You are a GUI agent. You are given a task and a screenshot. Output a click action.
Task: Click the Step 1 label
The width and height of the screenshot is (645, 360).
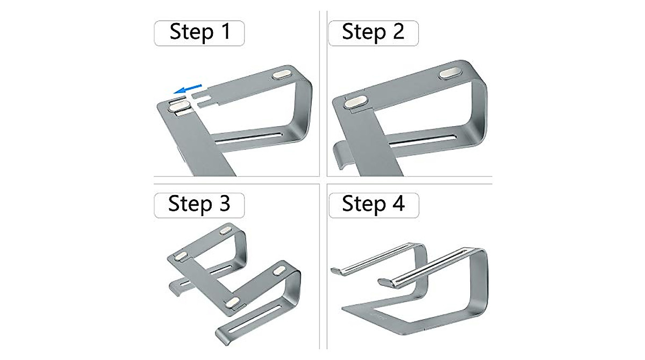click(199, 33)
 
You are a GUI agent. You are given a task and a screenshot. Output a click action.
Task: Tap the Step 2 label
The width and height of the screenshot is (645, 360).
click(373, 33)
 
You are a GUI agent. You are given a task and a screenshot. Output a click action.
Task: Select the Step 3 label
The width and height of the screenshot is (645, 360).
click(199, 205)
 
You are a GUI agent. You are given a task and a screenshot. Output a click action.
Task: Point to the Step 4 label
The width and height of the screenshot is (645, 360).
click(374, 205)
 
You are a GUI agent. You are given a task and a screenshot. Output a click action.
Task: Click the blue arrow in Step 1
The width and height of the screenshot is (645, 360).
click(188, 89)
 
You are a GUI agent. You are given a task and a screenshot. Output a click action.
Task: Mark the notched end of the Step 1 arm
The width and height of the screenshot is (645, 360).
click(202, 99)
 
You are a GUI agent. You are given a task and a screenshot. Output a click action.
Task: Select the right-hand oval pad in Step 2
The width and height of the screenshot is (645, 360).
click(450, 73)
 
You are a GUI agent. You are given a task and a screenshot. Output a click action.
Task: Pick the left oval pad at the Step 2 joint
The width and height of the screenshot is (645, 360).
click(354, 102)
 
